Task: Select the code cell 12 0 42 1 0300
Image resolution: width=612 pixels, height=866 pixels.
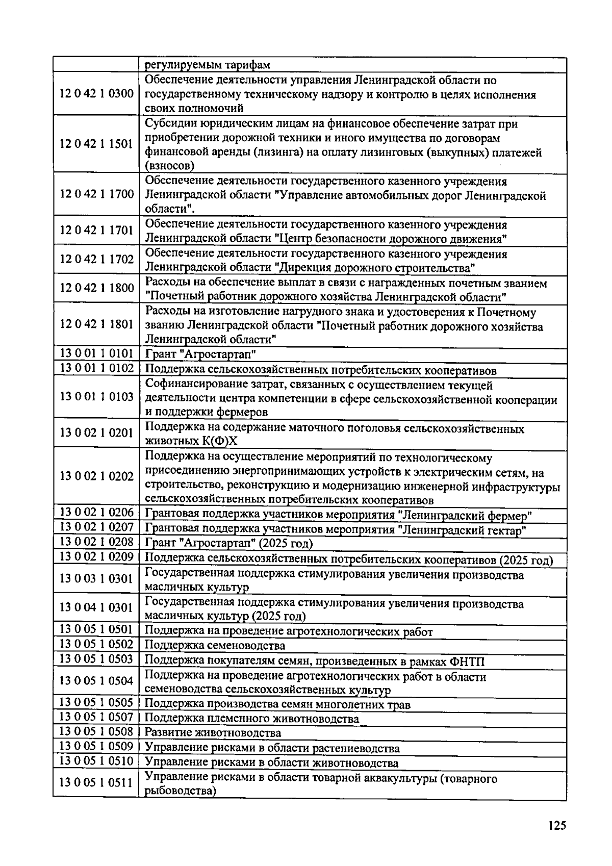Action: pos(96,94)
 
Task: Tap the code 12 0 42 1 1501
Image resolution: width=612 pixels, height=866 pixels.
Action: pos(96,144)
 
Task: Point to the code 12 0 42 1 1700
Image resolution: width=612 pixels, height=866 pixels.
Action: pos(96,194)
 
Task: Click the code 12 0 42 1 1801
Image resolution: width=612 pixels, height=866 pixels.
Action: pos(96,324)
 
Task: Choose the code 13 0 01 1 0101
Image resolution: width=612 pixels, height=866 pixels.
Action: pos(96,353)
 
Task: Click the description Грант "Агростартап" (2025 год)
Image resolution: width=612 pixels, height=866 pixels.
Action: pos(229,543)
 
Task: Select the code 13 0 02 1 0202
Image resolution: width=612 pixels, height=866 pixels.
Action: pos(96,476)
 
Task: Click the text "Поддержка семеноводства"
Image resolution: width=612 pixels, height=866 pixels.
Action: pos(215,646)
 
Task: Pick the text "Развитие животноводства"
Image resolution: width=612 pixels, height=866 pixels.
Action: pos(213,733)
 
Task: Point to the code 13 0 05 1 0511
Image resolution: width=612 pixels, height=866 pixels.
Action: pos(96,782)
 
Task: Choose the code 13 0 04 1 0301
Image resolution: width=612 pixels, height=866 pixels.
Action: pos(96,607)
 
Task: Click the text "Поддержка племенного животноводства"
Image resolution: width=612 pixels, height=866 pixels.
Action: pos(252,719)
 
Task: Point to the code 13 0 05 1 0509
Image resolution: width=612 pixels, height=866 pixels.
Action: pos(96,747)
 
